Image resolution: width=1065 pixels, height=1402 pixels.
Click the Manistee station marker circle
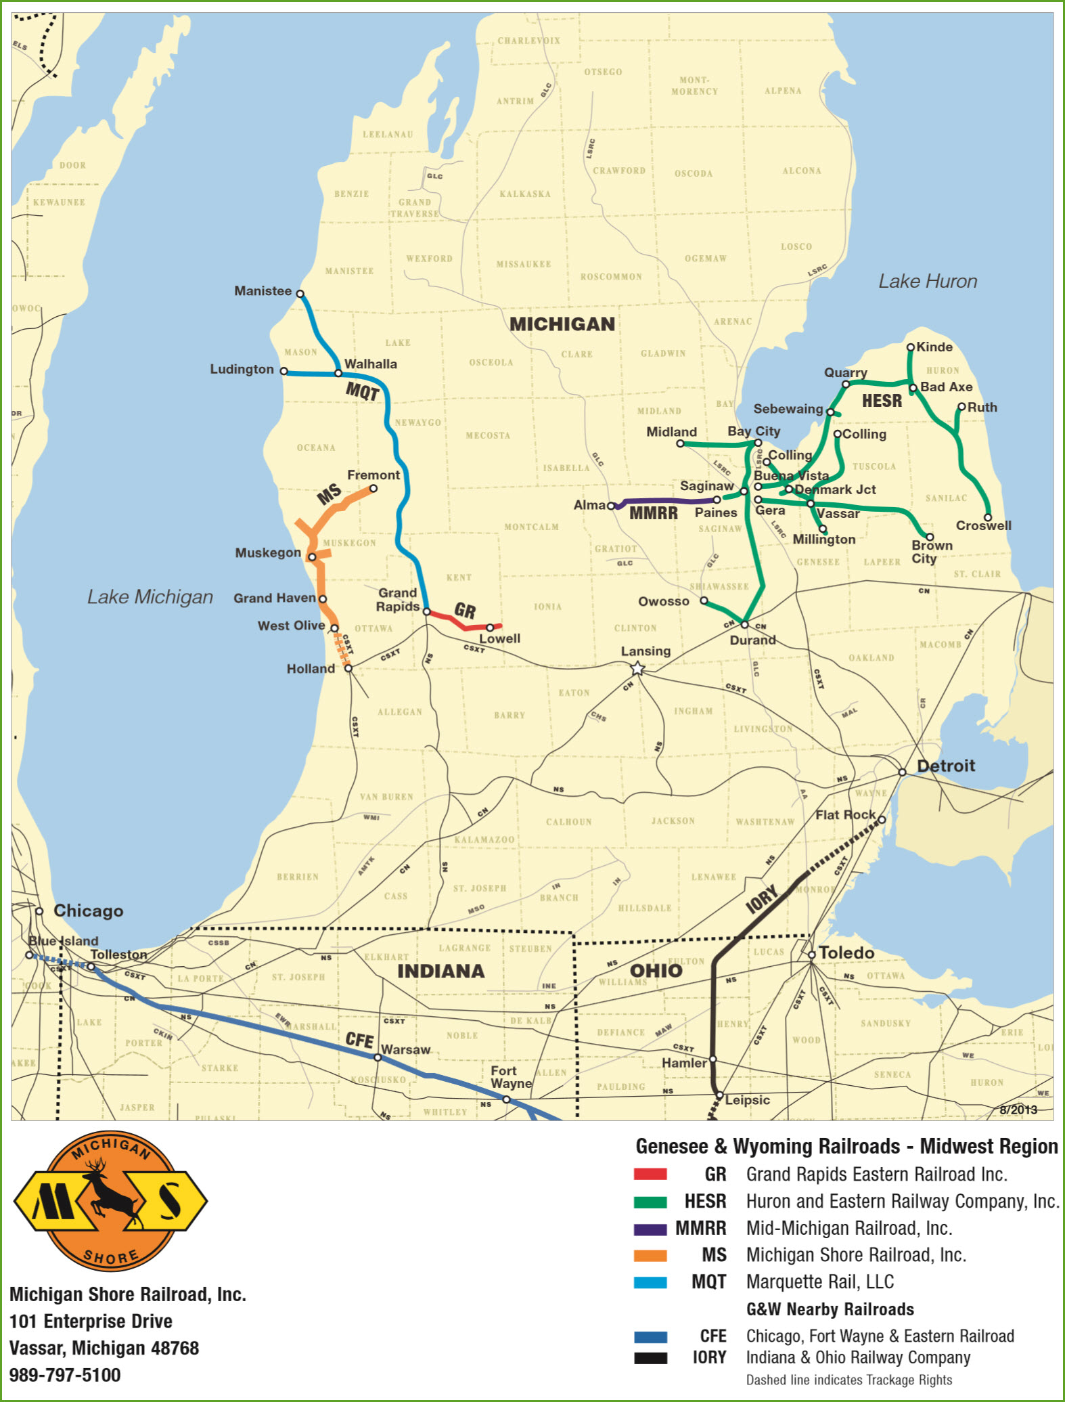point(300,294)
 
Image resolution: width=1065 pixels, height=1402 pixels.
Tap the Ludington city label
point(242,370)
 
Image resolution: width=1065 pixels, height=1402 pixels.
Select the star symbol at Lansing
point(637,669)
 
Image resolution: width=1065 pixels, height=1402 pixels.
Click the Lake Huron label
point(928,282)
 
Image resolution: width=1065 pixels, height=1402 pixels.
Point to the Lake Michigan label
point(150,597)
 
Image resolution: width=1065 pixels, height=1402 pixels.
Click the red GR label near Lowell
point(465,611)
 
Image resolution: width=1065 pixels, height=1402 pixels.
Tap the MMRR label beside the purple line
point(653,514)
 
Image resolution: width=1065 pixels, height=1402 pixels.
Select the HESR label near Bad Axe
point(882,401)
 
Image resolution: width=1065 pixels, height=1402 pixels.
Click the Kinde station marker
point(911,347)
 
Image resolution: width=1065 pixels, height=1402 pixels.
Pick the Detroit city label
point(945,766)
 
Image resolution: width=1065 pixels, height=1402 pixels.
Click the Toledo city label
point(846,953)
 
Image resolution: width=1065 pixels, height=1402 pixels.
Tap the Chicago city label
point(88,911)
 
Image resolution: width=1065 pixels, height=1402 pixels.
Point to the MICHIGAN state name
point(562,324)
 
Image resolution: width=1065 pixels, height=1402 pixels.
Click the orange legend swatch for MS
point(650,1256)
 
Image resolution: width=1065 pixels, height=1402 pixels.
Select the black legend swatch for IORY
point(650,1358)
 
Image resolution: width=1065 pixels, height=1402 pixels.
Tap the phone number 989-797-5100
point(65,1375)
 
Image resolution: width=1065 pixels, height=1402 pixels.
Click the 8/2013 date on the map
point(1018,1110)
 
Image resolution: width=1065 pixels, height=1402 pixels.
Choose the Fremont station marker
point(373,488)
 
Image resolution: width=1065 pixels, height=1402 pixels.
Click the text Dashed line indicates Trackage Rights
point(848,1380)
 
